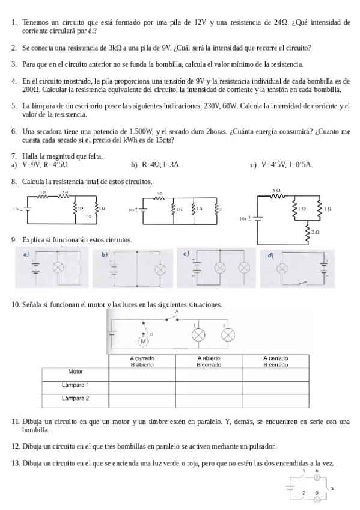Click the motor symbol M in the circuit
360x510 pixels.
click(143, 342)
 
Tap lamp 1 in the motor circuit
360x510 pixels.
click(198, 335)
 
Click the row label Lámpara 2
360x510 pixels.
click(76, 398)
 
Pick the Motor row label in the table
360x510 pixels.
click(75, 372)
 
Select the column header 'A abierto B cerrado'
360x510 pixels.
click(209, 361)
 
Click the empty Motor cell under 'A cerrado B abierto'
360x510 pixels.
click(142, 373)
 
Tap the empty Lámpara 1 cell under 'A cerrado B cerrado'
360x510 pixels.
click(276, 386)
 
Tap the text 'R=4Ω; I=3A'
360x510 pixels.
click(160, 164)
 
